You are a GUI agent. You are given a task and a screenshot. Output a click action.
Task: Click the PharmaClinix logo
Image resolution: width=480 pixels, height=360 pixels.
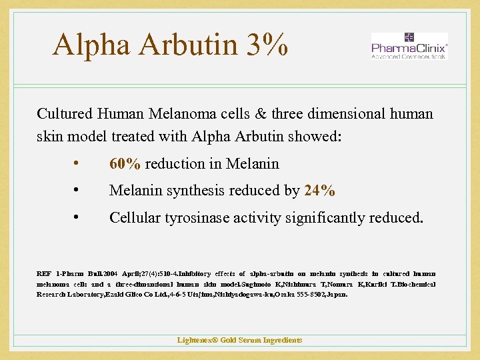coord(409,47)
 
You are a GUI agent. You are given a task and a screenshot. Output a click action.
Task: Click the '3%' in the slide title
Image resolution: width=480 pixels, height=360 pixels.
coord(265,45)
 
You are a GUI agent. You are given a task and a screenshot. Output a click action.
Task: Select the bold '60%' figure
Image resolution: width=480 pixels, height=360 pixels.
coord(125,164)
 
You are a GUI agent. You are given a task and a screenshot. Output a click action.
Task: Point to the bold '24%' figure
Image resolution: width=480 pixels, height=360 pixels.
coord(319,191)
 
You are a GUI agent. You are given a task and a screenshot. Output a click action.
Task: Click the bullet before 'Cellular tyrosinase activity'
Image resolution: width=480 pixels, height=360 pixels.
coord(78,217)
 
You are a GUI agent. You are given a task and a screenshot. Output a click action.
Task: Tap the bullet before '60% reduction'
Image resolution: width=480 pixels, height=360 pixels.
coord(78,164)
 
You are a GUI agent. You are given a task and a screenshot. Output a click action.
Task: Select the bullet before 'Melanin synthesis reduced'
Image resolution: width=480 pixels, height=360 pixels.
coord(78,191)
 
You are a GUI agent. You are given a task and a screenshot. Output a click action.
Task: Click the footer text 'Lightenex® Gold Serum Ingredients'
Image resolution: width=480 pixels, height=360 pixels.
coord(239,340)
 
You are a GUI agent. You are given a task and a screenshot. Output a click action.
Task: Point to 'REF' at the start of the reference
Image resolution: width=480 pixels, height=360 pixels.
coord(44,273)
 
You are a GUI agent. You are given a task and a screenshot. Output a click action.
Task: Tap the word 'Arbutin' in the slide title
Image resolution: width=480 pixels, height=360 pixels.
coord(185,45)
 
